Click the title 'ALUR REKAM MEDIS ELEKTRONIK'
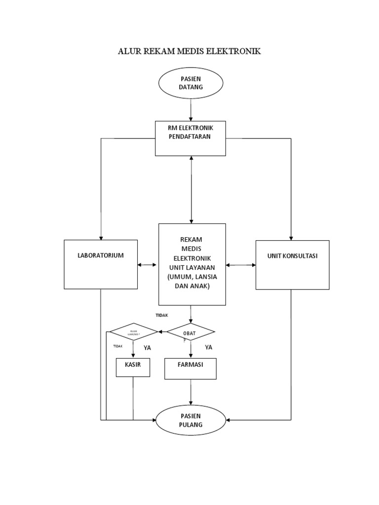pos(189,51)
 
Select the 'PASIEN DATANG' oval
pos(190,83)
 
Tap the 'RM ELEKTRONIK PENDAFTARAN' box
pos(190,138)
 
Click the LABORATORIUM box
pos(101,264)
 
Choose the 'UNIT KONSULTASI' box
pos(292,264)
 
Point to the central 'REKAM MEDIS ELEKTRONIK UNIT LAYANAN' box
pos(191,264)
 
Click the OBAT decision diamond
pos(190,332)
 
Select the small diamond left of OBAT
pos(133,332)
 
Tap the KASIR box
pos(133,367)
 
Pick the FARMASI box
pos(190,368)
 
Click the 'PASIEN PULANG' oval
pos(190,420)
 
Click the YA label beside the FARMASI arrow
pos(209,347)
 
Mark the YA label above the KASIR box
pos(147,348)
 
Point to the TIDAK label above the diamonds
pos(162,315)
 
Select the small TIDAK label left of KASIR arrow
pos(117,347)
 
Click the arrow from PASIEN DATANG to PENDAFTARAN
pos(190,109)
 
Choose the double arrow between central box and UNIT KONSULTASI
pos(241,265)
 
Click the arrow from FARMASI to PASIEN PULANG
pos(190,393)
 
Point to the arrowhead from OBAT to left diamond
pos(160,332)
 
